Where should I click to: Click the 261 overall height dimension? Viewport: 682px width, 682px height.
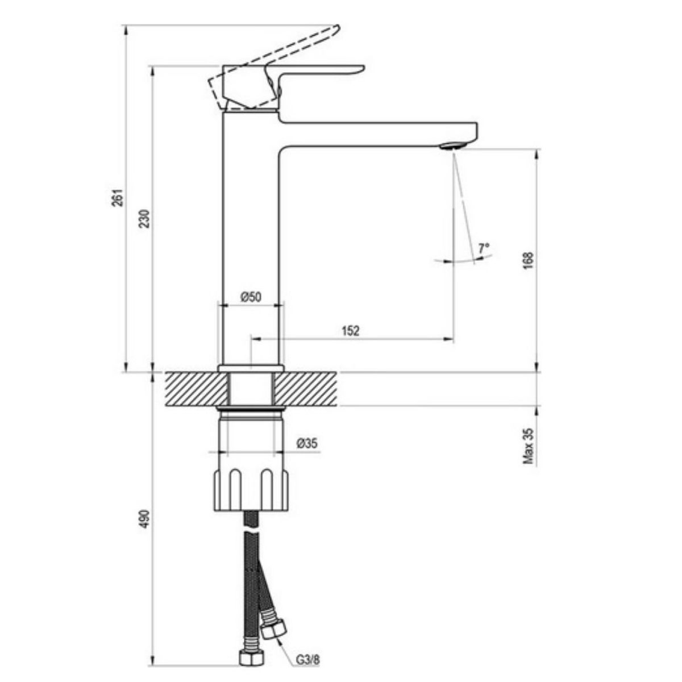pos(119,197)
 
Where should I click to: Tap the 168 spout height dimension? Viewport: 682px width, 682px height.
pos(527,261)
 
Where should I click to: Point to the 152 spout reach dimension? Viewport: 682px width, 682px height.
pos(351,331)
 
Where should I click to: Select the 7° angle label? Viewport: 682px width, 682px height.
pos(484,248)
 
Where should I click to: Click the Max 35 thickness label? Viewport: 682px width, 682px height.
pos(528,446)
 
